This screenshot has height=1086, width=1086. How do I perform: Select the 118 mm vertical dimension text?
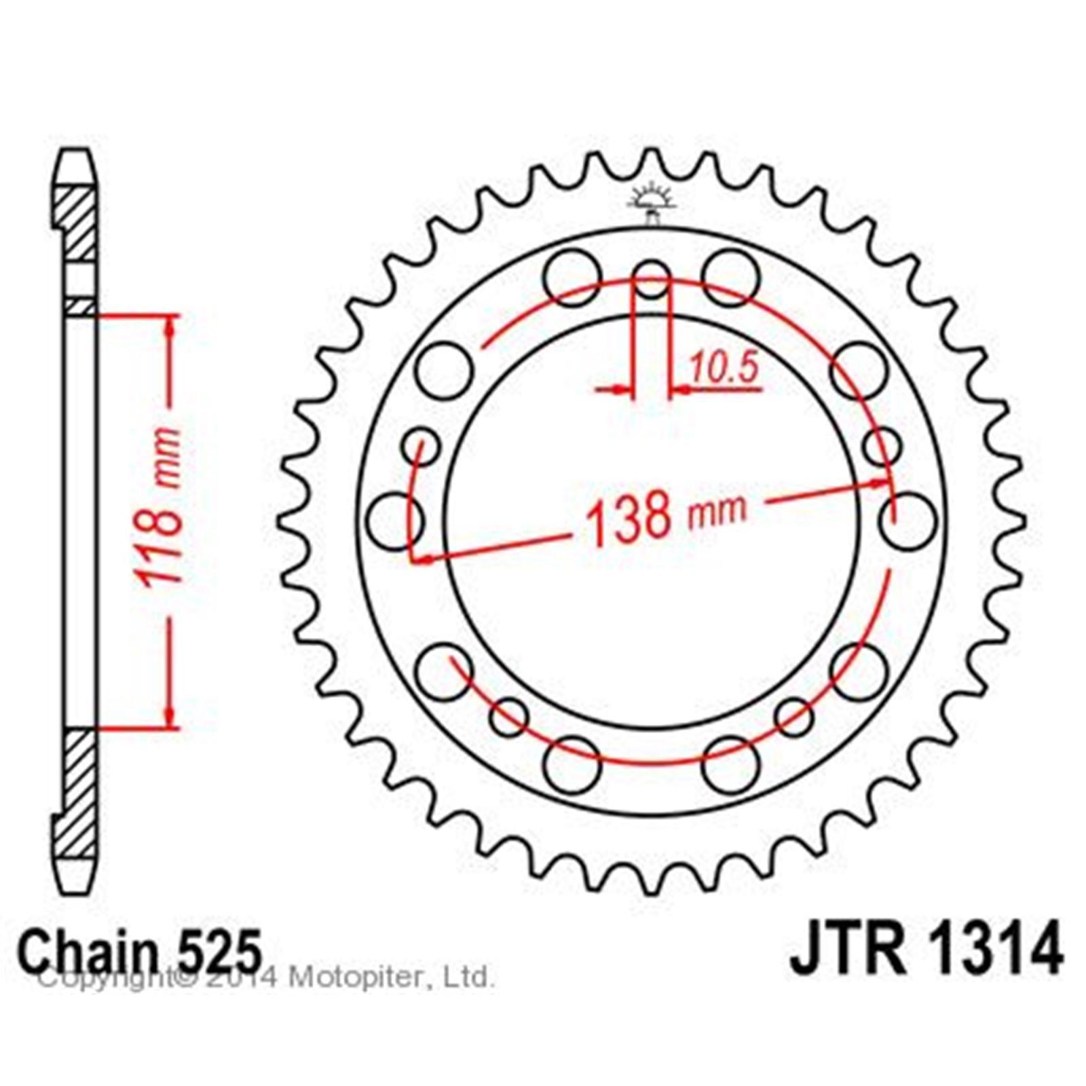(161, 506)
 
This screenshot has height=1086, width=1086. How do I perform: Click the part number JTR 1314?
(926, 946)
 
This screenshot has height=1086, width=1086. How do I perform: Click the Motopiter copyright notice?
(265, 978)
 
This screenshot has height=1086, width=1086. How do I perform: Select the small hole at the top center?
(652, 278)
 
